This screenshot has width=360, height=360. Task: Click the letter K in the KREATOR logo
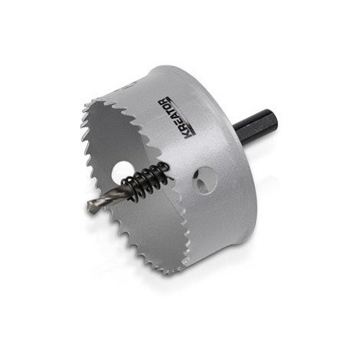tap(187, 137)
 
